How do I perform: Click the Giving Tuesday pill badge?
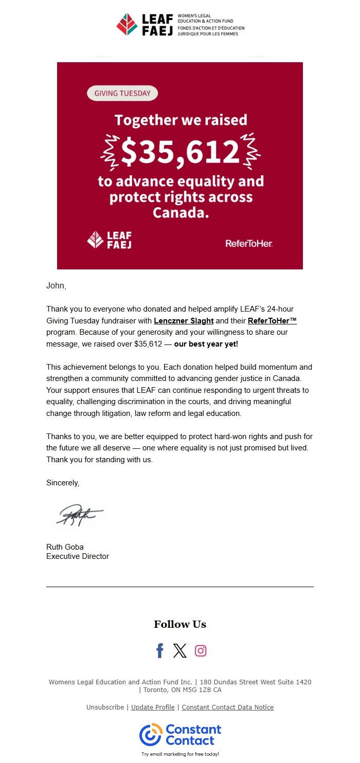tap(122, 94)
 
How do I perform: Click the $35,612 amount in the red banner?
tap(180, 151)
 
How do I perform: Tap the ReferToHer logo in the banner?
tap(248, 243)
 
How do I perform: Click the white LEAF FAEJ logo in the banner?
tap(109, 240)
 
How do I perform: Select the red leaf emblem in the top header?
tap(127, 24)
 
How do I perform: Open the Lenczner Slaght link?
tap(184, 321)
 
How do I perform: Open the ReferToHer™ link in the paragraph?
tap(272, 321)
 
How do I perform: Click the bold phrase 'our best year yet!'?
tap(206, 344)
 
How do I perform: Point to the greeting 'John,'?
tap(56, 286)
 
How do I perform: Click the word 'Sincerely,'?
tap(63, 483)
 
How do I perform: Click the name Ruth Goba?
tap(65, 547)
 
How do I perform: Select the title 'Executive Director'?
tap(78, 556)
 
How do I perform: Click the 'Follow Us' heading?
tap(180, 624)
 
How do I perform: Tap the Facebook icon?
tap(160, 651)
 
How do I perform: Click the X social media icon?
tap(180, 651)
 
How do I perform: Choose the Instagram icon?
tap(201, 651)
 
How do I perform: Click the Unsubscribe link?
tap(105, 707)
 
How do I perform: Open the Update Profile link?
tap(153, 707)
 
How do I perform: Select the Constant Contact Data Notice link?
tap(227, 707)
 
